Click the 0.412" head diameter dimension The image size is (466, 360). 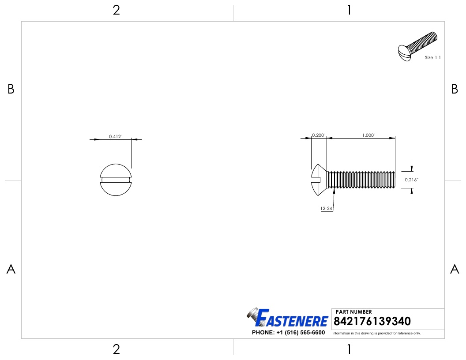[x=116, y=137]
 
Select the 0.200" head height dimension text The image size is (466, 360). [x=318, y=135]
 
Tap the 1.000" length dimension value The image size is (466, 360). [x=368, y=135]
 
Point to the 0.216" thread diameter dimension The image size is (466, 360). [x=411, y=180]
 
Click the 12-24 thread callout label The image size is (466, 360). [x=327, y=208]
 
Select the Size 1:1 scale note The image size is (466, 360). [x=432, y=58]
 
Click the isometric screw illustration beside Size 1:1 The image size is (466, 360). [x=417, y=47]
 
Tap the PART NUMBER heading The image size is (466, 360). [x=354, y=312]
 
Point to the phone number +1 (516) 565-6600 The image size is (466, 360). [x=288, y=332]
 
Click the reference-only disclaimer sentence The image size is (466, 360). [x=376, y=333]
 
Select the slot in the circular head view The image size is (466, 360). [x=116, y=180]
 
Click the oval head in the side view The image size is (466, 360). [x=319, y=180]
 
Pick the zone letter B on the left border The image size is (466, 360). [x=11, y=90]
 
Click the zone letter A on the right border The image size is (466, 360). [x=455, y=269]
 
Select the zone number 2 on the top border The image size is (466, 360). [x=116, y=11]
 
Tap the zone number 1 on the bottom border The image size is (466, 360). [x=349, y=349]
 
